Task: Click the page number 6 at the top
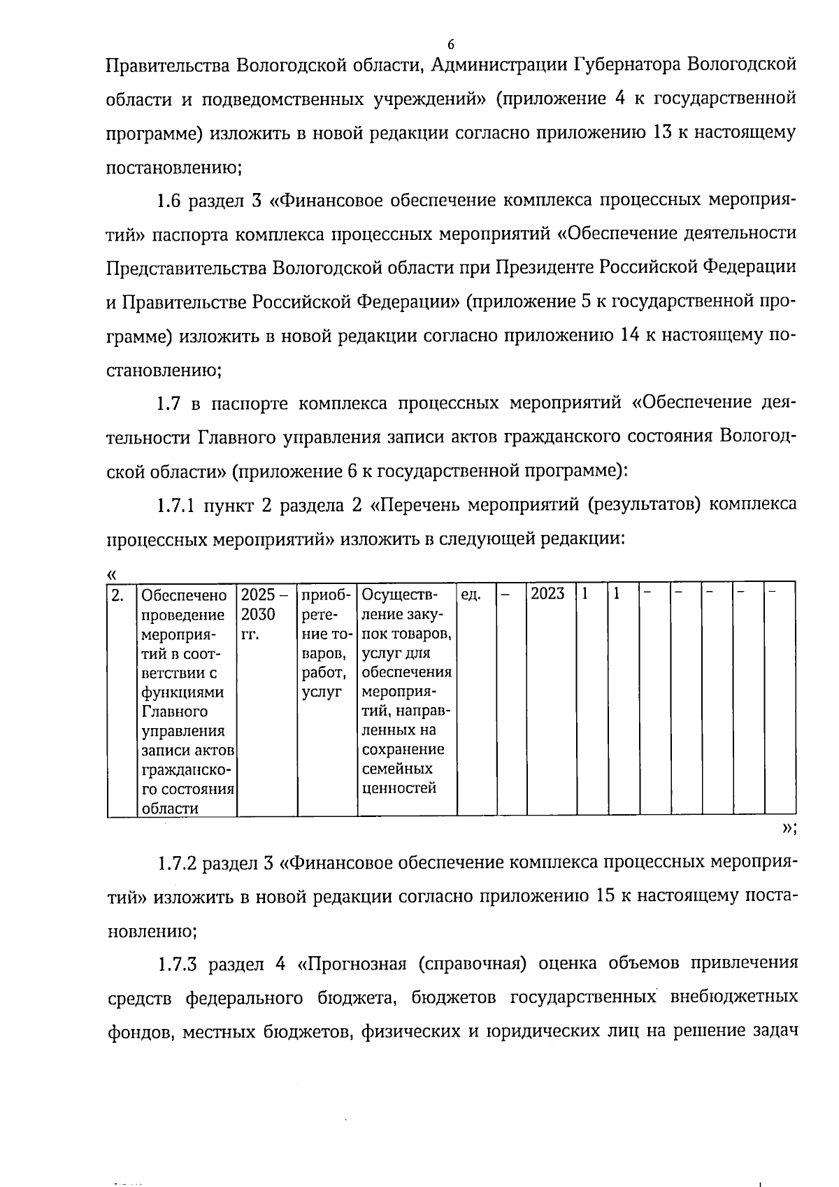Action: [450, 45]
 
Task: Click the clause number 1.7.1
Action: [175, 504]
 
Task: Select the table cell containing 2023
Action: [547, 595]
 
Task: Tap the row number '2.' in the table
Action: [119, 595]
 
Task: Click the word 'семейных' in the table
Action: [396, 769]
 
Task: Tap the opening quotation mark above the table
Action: [111, 574]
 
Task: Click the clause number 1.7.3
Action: [175, 964]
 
